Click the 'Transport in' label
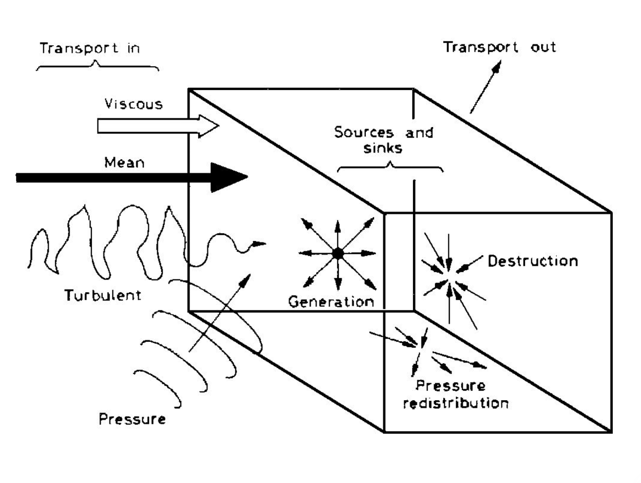pyautogui.click(x=90, y=49)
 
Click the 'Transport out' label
pyautogui.click(x=499, y=47)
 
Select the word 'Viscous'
pyautogui.click(x=133, y=104)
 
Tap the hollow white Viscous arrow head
pyautogui.click(x=209, y=126)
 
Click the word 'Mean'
pyautogui.click(x=125, y=162)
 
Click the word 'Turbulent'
pyautogui.click(x=103, y=295)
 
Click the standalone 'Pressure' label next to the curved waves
pyautogui.click(x=132, y=419)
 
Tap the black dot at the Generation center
pyautogui.click(x=338, y=253)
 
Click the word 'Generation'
pyautogui.click(x=331, y=301)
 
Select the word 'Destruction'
pyautogui.click(x=532, y=261)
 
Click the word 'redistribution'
pyautogui.click(x=456, y=403)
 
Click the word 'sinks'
pyautogui.click(x=383, y=148)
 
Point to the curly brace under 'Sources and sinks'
pyautogui.click(x=390, y=167)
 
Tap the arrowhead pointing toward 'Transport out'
pyautogui.click(x=496, y=67)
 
